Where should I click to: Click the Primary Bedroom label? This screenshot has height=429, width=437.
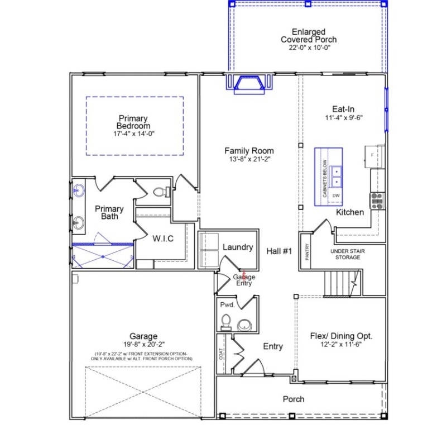point(133,122)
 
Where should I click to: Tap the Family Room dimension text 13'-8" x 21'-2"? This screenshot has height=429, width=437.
point(249,159)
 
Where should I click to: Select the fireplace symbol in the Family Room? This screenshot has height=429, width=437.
point(249,83)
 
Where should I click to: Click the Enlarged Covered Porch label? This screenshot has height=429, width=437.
point(308,36)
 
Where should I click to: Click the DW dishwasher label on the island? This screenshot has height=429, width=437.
point(336,196)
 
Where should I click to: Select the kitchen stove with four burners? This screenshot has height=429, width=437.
point(377,200)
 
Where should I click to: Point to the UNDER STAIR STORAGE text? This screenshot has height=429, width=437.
point(348,254)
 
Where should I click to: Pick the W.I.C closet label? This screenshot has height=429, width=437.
point(163,239)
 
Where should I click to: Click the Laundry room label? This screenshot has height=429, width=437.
point(238,247)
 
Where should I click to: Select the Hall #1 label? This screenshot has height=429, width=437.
point(279,251)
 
